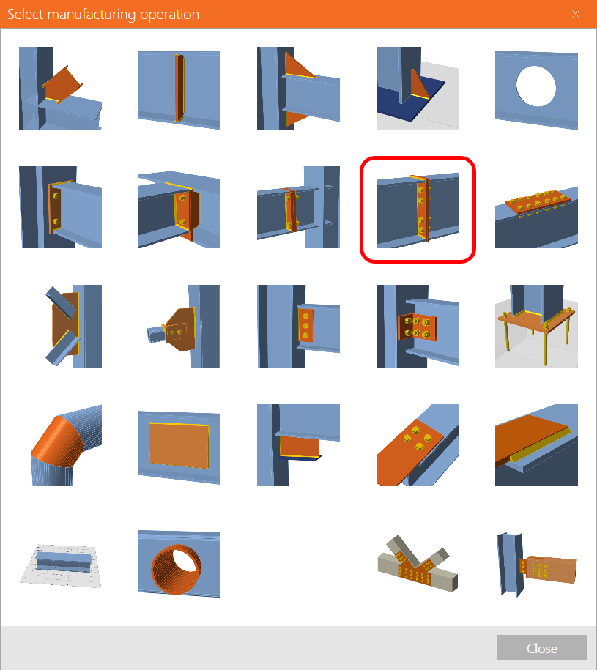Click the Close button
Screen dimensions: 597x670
coord(541,648)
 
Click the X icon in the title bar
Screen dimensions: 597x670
coord(576,14)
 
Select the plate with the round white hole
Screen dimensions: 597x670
coord(536,89)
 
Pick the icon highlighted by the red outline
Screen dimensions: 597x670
coord(418,209)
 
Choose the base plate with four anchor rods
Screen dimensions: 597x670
coord(536,326)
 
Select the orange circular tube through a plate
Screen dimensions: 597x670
coord(179,564)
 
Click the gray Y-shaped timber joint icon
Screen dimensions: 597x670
coord(418,564)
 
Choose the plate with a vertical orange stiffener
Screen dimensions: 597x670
coord(179,89)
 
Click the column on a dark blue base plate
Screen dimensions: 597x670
coord(418,89)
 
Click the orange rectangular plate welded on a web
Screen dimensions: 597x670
coord(179,444)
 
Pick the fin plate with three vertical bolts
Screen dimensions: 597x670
coord(298,326)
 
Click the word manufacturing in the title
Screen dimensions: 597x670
coord(92,15)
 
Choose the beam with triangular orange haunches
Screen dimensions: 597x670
coord(298,89)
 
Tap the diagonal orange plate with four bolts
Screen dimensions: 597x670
coord(418,444)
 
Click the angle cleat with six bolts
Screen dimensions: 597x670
coord(418,326)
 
